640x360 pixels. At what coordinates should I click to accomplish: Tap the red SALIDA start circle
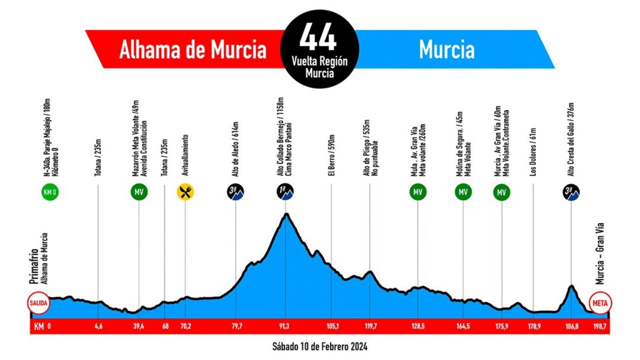(39, 303)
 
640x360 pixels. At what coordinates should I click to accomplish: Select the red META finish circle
(600, 303)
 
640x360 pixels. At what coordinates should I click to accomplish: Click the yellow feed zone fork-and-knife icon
(185, 192)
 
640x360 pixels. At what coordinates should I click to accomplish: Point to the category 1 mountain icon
(285, 192)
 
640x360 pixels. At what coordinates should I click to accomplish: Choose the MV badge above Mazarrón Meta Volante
(138, 192)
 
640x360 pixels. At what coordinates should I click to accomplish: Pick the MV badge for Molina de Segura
(463, 192)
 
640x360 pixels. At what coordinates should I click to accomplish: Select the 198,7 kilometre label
(599, 327)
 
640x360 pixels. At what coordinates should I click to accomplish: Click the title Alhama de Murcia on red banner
(192, 49)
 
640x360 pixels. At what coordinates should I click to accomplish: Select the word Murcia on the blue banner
(446, 49)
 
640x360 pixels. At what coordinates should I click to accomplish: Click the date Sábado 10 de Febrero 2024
(320, 346)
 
